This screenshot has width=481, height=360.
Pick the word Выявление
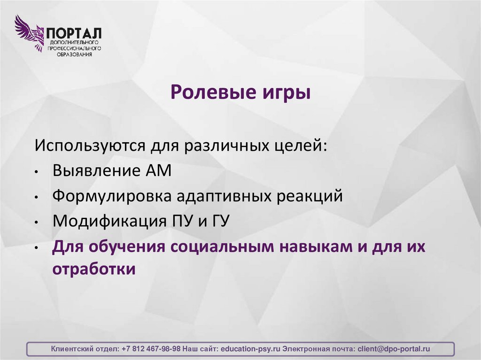pos(94,170)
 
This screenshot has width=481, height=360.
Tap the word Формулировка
pos(112,196)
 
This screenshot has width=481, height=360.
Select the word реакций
pos(310,196)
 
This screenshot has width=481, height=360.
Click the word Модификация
pos(108,221)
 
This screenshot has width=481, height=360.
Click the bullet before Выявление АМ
pos(36,172)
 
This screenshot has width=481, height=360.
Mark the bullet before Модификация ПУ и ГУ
pos(36,222)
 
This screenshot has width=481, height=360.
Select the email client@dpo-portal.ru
pos(394,349)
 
